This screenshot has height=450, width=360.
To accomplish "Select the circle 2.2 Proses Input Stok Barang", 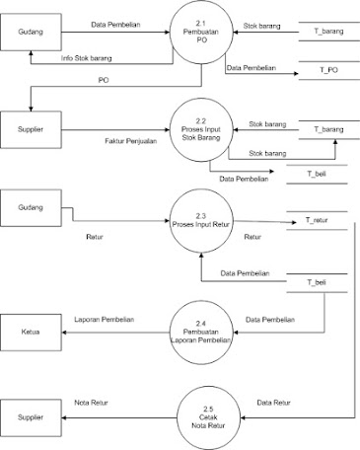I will point(200,130).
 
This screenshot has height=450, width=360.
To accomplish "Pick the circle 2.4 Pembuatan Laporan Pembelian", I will point(200,328).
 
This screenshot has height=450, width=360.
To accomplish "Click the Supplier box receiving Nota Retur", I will point(31,417).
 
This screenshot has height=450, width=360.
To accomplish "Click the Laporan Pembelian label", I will point(104,320).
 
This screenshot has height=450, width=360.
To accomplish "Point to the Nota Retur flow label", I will point(93,404).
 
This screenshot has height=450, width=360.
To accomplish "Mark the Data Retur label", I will point(272,404).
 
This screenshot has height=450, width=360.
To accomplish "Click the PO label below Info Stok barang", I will point(105,79).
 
